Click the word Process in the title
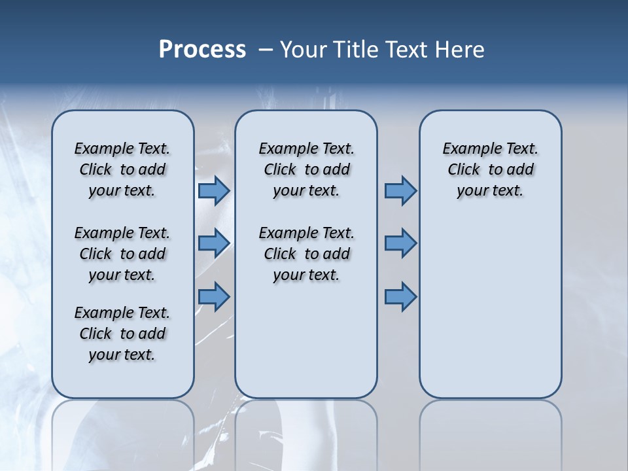click(202, 50)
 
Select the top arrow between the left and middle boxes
click(214, 190)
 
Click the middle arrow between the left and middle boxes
click(214, 243)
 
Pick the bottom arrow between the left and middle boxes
click(214, 296)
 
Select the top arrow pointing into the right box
click(400, 190)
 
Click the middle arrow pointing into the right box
click(400, 243)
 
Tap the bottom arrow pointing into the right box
click(400, 296)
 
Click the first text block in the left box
click(122, 169)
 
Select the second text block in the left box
click(122, 254)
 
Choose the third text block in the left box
click(122, 334)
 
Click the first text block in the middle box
click(306, 169)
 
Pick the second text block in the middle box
click(306, 254)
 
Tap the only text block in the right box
click(490, 169)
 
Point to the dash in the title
click(266, 50)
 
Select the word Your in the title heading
click(303, 50)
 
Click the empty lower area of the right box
click(490, 314)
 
